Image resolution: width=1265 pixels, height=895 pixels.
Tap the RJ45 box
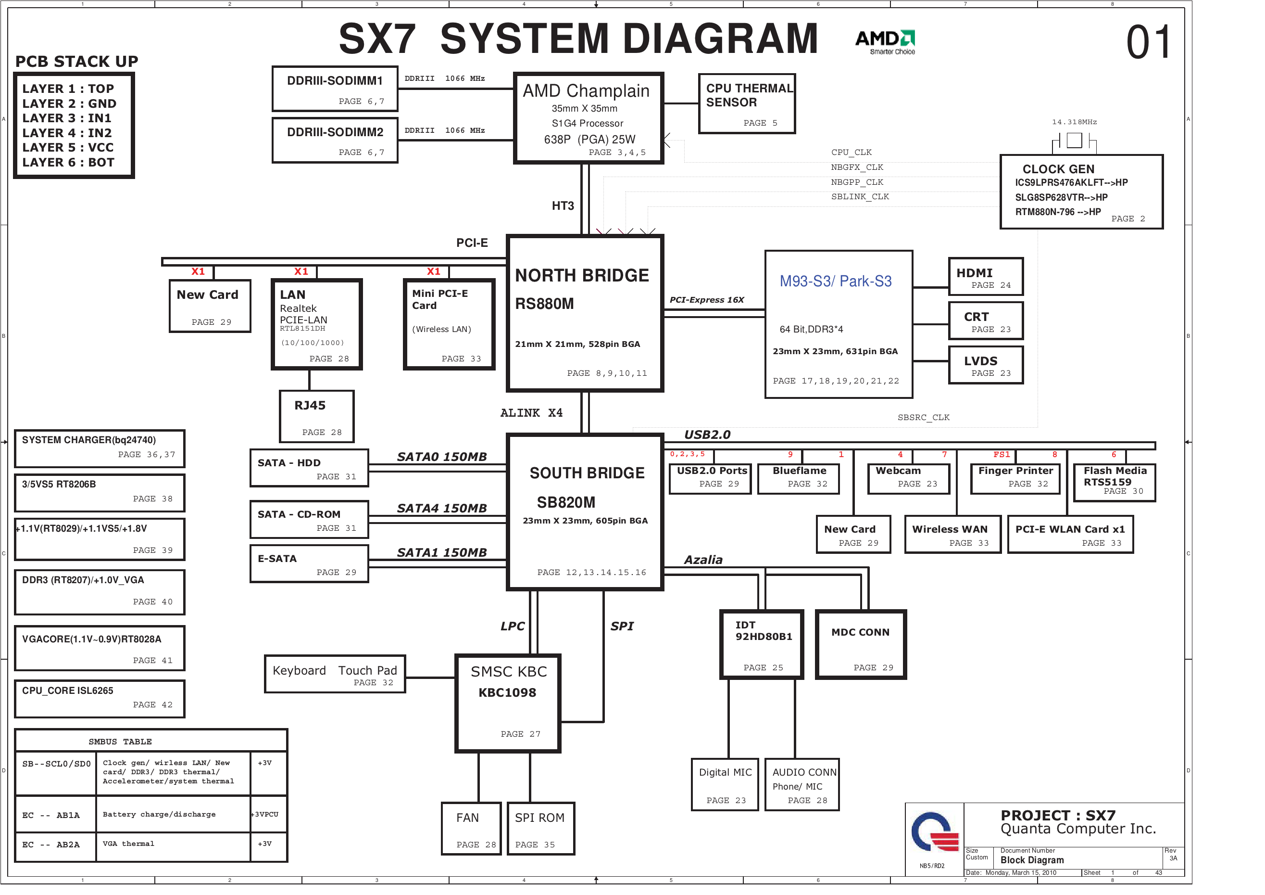[x=316, y=416]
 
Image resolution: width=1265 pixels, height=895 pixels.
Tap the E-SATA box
[x=309, y=563]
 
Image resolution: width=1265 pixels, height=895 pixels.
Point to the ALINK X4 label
[x=531, y=413]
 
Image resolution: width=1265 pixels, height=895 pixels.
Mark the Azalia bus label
[x=703, y=560]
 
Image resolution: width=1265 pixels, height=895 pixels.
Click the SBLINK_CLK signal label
[x=860, y=197]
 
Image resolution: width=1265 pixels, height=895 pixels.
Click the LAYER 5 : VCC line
[x=68, y=148]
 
